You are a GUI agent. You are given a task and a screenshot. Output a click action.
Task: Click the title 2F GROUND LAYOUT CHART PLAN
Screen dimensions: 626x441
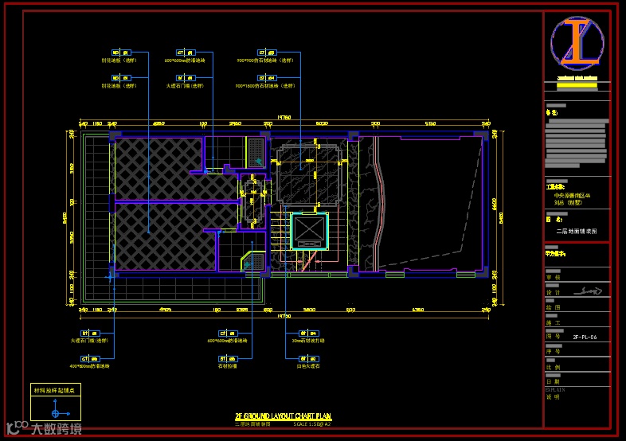pos(283,416)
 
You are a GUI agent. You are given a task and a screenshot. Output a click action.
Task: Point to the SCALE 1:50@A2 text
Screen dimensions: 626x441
pos(312,423)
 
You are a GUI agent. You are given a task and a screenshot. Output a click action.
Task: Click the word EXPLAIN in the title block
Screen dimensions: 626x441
pos(554,390)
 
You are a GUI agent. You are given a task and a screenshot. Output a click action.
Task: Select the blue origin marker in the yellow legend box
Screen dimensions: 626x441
pos(56,413)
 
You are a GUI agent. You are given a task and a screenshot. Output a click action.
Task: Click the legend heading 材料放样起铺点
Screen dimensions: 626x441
pos(54,390)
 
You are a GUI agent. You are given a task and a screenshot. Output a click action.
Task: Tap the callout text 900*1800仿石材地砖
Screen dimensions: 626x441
pos(257,86)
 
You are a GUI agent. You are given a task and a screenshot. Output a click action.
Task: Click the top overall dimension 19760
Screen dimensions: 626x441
pos(284,117)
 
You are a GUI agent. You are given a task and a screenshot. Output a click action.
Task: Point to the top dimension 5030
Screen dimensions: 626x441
pos(323,123)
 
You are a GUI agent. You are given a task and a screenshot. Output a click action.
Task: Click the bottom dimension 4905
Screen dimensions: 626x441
pos(166,309)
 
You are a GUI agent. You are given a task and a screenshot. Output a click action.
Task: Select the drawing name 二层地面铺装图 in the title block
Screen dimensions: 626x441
pos(576,232)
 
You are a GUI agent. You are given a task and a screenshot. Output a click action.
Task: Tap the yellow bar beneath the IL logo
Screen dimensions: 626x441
pos(577,78)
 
